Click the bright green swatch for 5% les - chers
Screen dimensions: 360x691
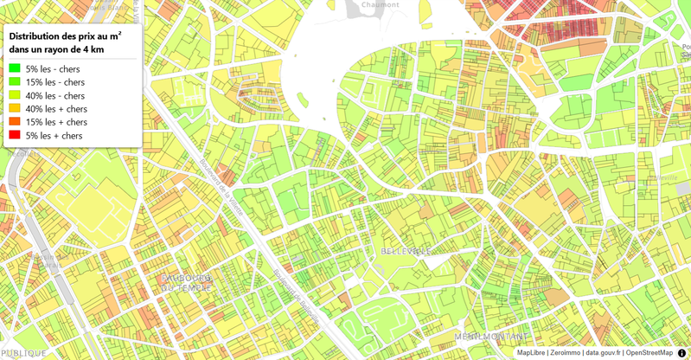(x=15, y=68)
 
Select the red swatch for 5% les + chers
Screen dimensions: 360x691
(x=15, y=136)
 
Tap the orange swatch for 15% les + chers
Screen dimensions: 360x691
(x=15, y=122)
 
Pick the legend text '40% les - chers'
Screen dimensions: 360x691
(x=55, y=95)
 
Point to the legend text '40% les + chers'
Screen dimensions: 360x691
(x=56, y=109)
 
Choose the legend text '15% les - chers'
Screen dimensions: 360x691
(x=55, y=82)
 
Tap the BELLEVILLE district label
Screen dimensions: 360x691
(x=406, y=251)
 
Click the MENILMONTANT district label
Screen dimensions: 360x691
(x=491, y=337)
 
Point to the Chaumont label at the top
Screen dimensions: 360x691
(x=381, y=4)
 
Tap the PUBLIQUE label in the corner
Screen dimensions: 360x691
(x=24, y=353)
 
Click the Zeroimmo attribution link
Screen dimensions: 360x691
(x=565, y=353)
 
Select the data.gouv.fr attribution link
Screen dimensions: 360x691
(x=603, y=353)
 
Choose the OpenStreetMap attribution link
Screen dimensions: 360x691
(x=649, y=353)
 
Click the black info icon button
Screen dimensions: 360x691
(x=681, y=352)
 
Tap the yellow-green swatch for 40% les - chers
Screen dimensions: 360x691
(x=15, y=95)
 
